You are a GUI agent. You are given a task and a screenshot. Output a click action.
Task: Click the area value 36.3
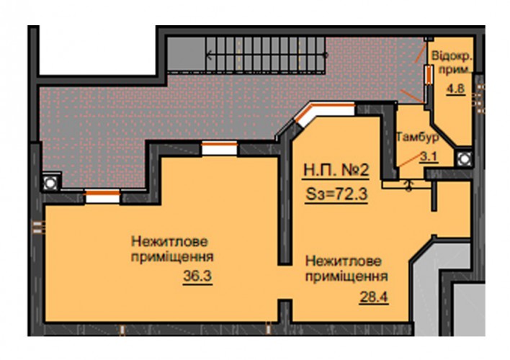pos(197,276)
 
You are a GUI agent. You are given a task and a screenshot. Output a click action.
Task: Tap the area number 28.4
pos(374,297)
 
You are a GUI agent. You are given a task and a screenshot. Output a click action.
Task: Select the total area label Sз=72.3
pos(336,194)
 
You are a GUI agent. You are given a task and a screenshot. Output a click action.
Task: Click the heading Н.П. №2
pos(336,170)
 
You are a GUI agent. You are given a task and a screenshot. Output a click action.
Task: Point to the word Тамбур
pos(418,137)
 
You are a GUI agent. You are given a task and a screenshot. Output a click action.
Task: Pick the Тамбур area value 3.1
pos(429,157)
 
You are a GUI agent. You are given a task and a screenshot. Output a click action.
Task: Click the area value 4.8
pos(456,89)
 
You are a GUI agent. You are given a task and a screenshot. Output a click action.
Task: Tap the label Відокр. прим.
pos(452,62)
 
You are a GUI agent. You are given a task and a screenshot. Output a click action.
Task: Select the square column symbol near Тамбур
pos(464,158)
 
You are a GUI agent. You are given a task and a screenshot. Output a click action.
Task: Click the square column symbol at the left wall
pos(50,183)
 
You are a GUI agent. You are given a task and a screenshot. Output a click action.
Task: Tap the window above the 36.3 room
pos(220,148)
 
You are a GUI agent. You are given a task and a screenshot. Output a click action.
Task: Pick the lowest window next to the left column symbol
pos(102,197)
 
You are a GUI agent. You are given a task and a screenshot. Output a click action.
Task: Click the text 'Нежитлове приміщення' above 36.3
pos(172,249)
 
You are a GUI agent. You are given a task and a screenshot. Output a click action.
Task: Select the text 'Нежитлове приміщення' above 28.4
pos(346,269)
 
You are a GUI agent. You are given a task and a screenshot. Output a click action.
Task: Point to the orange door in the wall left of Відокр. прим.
pos(429,74)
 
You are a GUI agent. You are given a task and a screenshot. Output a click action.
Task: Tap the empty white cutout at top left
pos(97,50)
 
